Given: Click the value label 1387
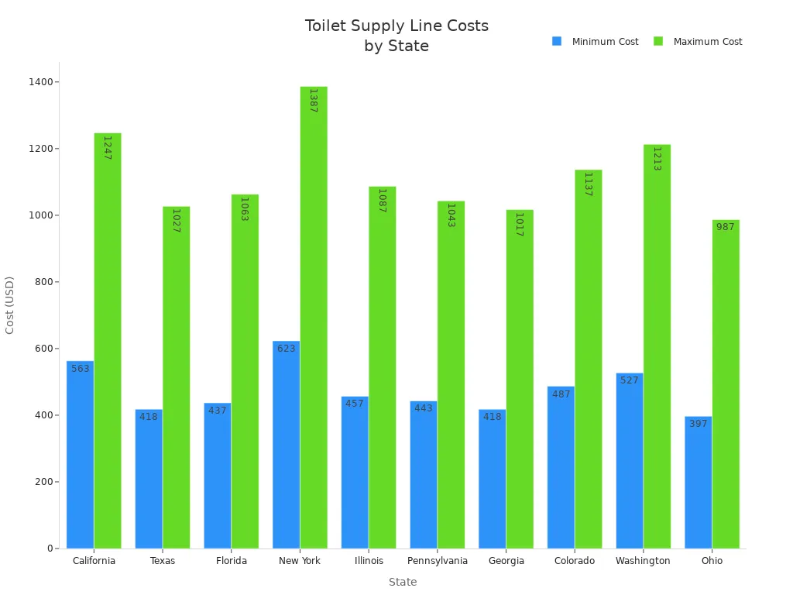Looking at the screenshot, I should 313,101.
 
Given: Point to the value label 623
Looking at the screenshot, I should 286,349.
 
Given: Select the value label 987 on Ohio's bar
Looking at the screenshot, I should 725,227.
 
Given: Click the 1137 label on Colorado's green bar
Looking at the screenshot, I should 588,184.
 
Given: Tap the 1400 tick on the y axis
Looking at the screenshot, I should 43,82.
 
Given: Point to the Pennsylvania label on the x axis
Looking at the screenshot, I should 437,561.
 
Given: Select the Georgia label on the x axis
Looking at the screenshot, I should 506,561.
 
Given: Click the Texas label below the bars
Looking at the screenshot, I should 163,561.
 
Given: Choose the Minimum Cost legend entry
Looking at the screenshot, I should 605,42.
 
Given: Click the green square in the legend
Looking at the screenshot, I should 658,41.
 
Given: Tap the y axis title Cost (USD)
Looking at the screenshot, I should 10,304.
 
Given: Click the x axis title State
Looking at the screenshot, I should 403,582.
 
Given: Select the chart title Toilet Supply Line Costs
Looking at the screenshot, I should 396,26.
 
